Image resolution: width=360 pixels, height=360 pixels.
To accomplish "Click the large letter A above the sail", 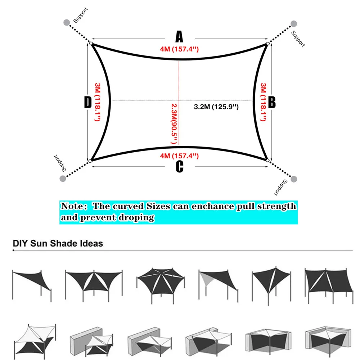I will (x=179, y=37).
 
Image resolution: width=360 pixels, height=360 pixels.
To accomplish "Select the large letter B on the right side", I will (x=272, y=102).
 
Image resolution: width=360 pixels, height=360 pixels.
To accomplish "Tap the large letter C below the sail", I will (x=180, y=167).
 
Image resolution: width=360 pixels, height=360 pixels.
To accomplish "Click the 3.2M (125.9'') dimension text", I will (x=216, y=107).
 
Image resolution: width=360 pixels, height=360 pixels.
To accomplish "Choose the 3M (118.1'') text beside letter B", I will (x=263, y=102).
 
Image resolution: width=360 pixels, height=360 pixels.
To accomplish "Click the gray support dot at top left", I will (x=67, y=22).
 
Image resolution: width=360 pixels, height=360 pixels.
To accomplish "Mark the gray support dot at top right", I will (x=294, y=24).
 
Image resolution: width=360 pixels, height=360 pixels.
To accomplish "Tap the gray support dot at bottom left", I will (x=64, y=178).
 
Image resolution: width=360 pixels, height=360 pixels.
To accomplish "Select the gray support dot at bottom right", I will (x=294, y=179).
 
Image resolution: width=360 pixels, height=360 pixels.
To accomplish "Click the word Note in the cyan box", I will (x=73, y=206).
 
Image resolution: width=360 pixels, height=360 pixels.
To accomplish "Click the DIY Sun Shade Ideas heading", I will (x=58, y=243).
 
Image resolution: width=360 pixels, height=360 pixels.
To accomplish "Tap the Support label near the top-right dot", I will (x=298, y=39).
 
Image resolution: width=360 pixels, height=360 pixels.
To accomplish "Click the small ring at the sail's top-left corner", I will (x=91, y=44).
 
